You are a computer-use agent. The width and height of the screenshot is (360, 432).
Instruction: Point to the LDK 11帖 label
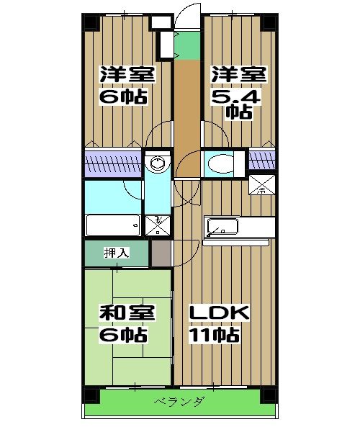pyautogui.click(x=219, y=324)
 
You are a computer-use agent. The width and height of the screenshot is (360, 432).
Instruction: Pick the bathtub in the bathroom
pyautogui.click(x=113, y=225)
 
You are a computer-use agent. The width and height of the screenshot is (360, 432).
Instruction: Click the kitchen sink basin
pyautogui.click(x=222, y=228)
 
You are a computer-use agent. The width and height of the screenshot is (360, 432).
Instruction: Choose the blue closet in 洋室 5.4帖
pyautogui.click(x=261, y=160)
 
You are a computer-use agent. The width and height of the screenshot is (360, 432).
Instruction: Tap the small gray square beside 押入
pyautogui.click(x=161, y=253)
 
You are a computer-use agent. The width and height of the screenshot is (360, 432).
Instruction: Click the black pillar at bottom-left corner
pyautogui.click(x=91, y=395)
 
